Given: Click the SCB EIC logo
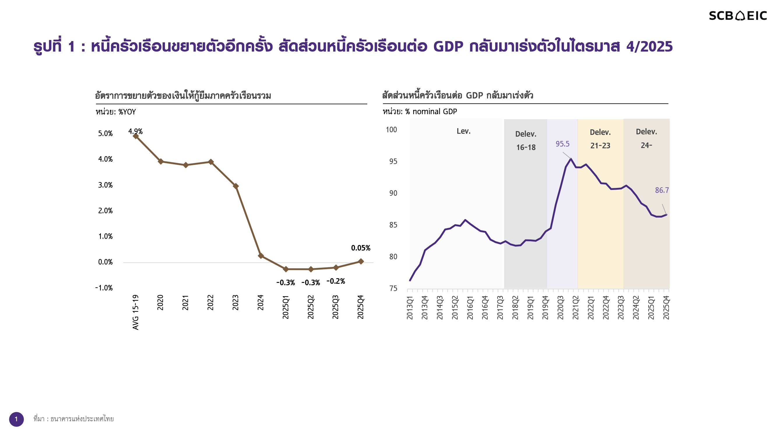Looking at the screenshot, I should point(737,16).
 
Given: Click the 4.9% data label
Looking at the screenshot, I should point(136,131).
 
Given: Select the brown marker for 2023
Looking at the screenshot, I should point(236,186).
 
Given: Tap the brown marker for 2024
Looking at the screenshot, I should point(261,256).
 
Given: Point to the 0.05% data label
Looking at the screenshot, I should point(361,248).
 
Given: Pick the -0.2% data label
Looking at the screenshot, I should point(335,281).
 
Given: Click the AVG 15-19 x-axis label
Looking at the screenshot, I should point(136,312).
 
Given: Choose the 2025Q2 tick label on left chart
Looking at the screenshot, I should point(311,307).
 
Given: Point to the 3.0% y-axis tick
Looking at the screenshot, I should point(105,185).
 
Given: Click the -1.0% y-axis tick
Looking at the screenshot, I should point(104,288).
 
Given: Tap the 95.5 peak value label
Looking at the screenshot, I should point(562,144).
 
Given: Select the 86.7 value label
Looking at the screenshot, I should point(662,190).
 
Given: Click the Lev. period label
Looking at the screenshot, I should point(463,131).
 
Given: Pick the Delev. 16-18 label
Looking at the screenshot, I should point(526,140).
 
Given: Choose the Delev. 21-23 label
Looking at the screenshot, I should point(600,139).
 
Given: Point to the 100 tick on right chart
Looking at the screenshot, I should point(391,130).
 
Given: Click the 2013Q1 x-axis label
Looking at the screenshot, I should point(409,307).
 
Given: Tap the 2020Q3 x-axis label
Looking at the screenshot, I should point(560,307).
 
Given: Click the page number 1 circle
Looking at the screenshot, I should point(16,419).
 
